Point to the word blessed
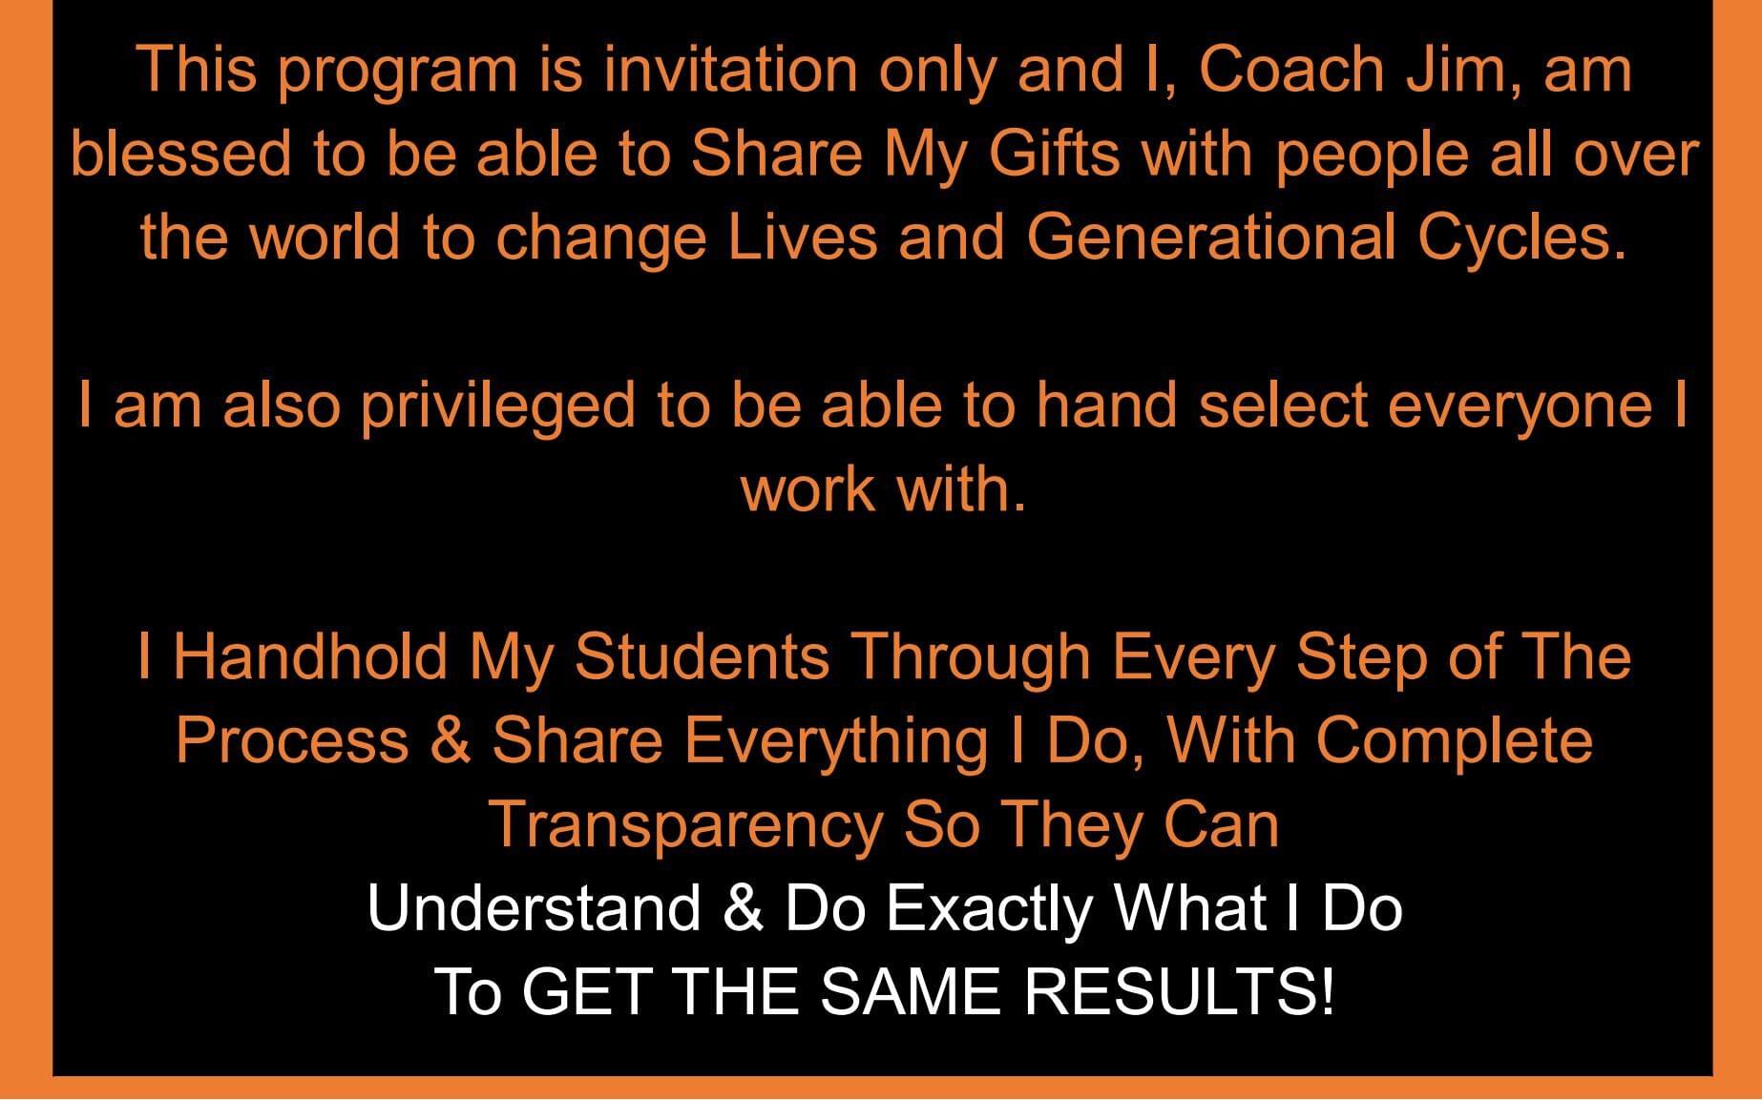pyautogui.click(x=180, y=154)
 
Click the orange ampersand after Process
pyautogui.click(x=450, y=740)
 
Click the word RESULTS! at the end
pyautogui.click(x=1179, y=991)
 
